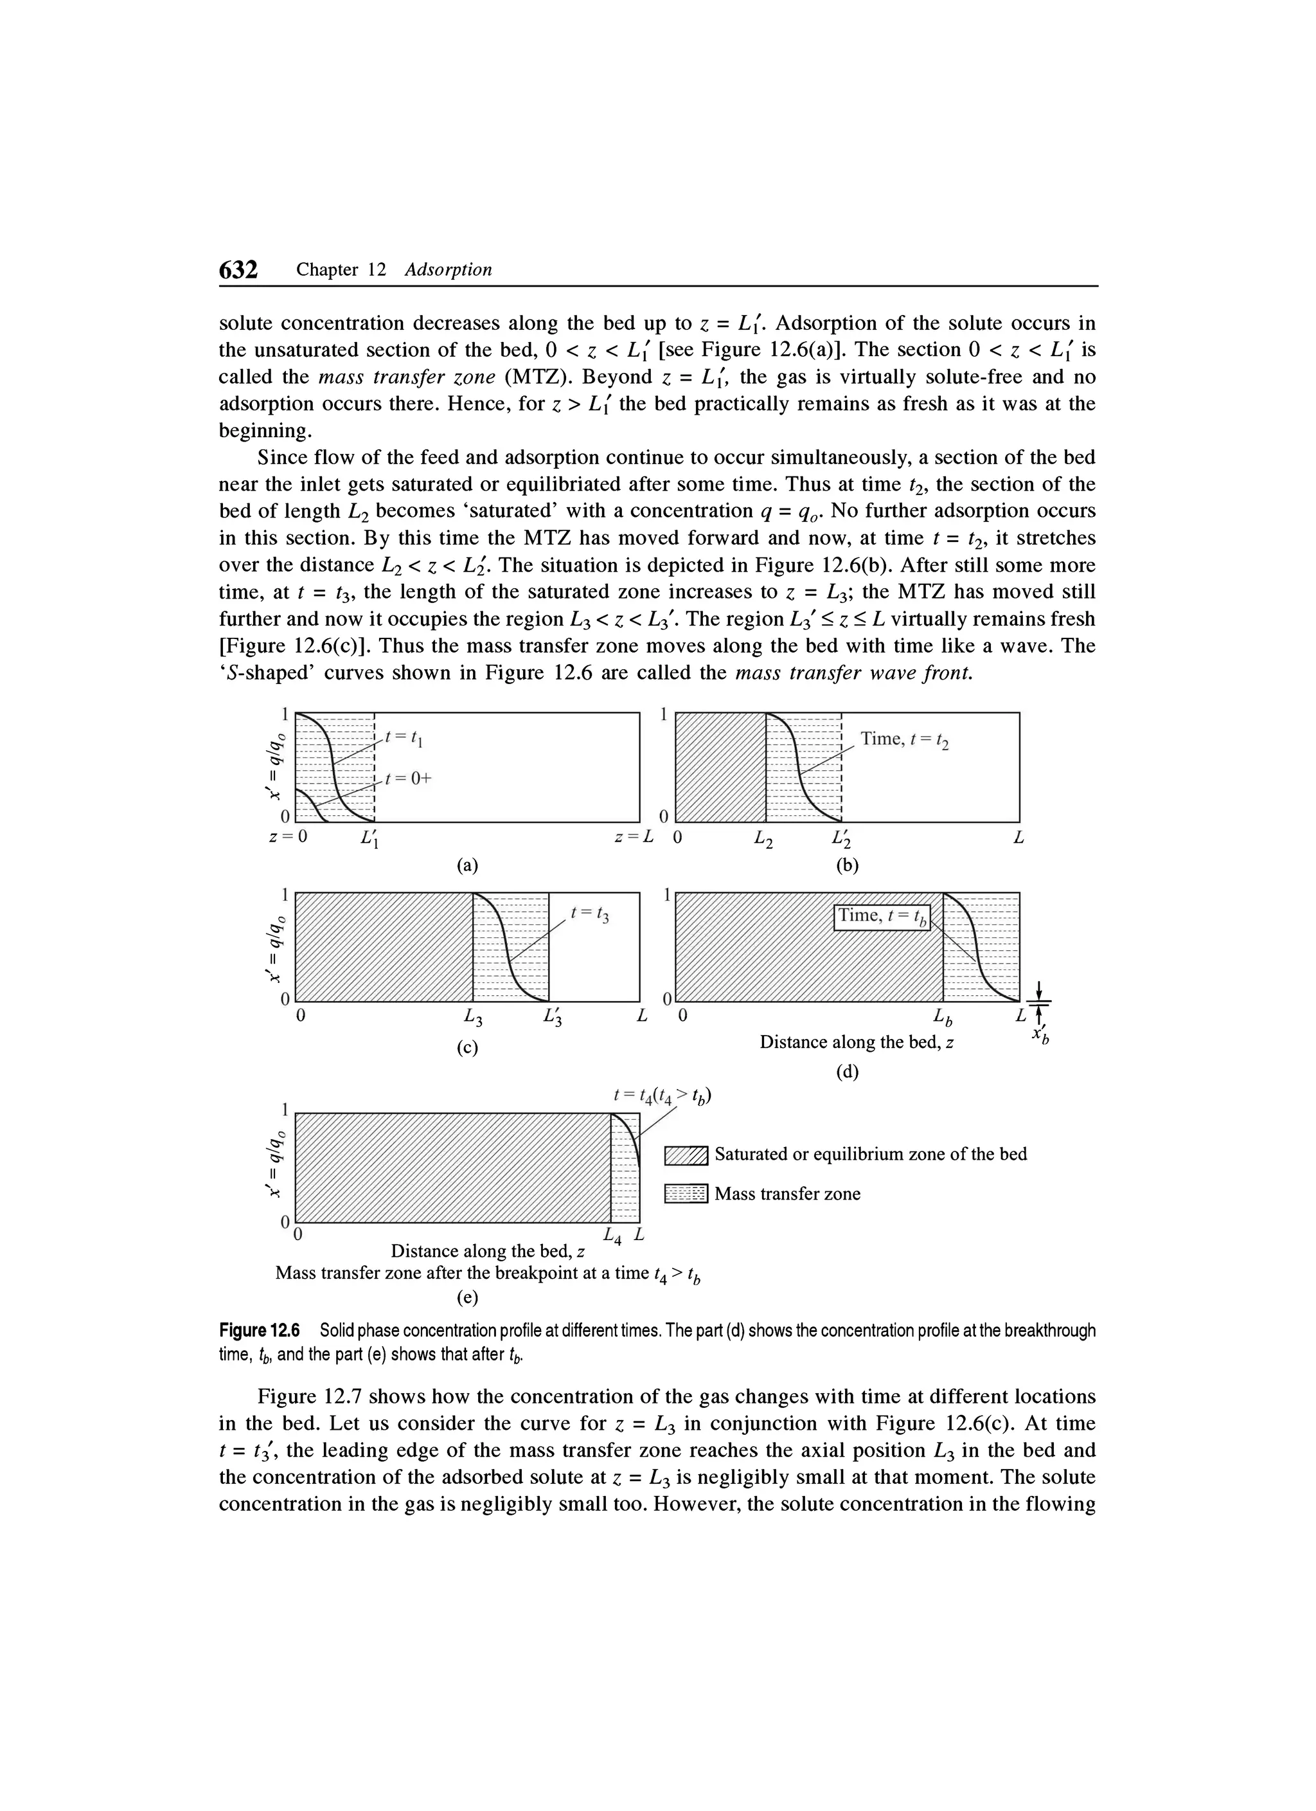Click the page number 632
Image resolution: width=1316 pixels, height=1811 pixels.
(x=238, y=270)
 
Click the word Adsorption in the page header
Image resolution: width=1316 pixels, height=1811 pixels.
(x=448, y=270)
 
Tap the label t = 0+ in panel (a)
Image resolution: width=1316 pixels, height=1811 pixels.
(x=407, y=779)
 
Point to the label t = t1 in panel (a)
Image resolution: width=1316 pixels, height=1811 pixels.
(x=404, y=739)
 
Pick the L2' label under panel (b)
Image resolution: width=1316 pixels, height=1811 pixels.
(x=841, y=840)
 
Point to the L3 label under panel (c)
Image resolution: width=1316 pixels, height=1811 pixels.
(x=473, y=1019)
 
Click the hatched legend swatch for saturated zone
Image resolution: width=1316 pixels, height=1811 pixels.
(x=686, y=1155)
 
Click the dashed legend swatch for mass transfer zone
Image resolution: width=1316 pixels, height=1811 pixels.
(x=686, y=1194)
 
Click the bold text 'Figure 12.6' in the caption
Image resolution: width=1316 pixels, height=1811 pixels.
(x=260, y=1330)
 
